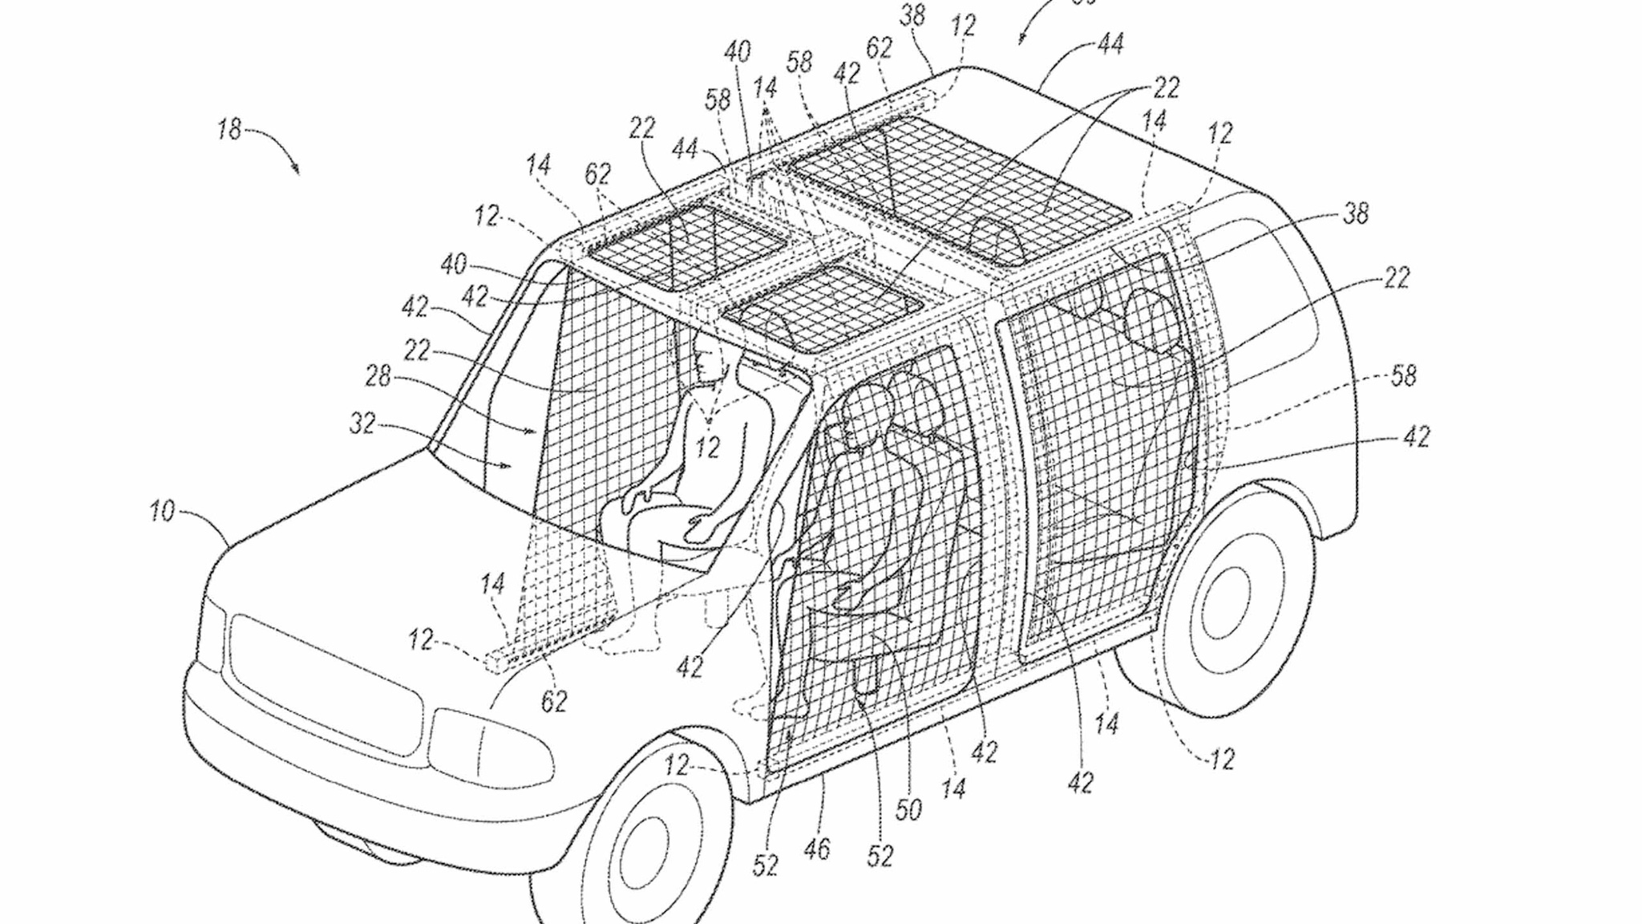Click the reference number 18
pos(229,128)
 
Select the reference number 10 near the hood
pos(162,511)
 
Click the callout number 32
pos(362,423)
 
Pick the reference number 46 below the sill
pos(817,849)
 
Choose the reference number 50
pos(908,810)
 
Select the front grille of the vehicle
pos(325,681)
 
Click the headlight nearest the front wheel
pos(489,746)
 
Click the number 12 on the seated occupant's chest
pos(707,447)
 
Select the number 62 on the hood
pos(554,701)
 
